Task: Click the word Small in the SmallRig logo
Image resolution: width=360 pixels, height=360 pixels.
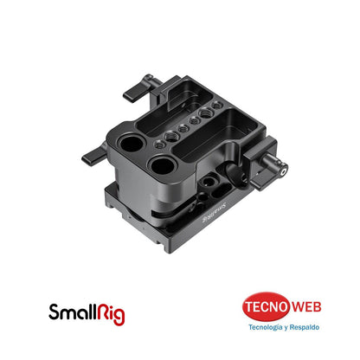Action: tap(71, 310)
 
